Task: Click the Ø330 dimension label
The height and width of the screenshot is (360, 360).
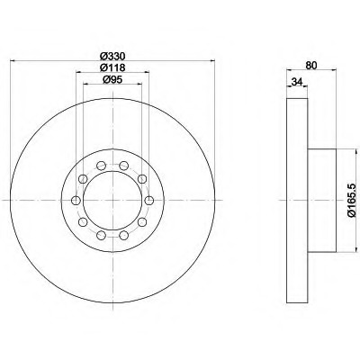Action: coord(112,56)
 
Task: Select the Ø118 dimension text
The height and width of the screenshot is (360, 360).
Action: coord(112,67)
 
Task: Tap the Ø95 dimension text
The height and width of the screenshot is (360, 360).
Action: coord(112,80)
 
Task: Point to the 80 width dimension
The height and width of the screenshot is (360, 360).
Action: coord(311,66)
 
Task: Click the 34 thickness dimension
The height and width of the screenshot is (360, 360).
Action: coord(297,82)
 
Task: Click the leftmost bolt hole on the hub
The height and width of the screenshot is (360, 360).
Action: coord(76,200)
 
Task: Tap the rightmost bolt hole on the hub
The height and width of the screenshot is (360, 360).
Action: coord(149,200)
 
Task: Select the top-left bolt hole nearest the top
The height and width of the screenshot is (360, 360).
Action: coord(102,166)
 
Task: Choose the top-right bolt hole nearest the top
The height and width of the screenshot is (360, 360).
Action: coord(124,166)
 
